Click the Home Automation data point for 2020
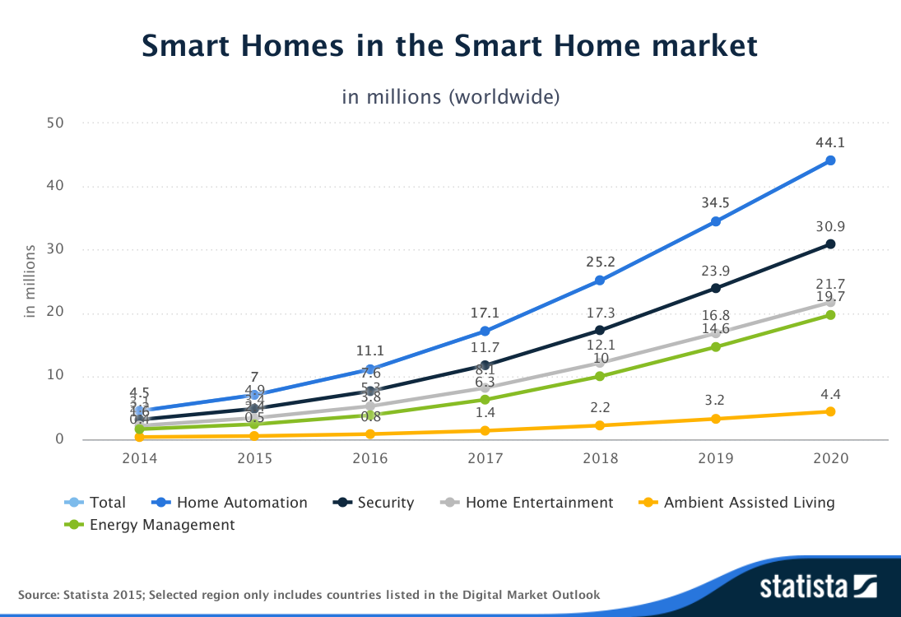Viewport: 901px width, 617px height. pyautogui.click(x=830, y=160)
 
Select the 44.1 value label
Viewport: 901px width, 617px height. pyautogui.click(x=830, y=142)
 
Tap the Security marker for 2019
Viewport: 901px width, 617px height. pyautogui.click(x=715, y=288)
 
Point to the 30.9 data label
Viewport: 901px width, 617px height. pyautogui.click(x=830, y=226)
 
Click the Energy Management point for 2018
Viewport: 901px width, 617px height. pyautogui.click(x=600, y=376)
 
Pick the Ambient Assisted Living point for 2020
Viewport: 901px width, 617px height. pyautogui.click(x=830, y=411)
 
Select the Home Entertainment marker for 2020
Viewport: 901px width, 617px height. pyautogui.click(x=830, y=302)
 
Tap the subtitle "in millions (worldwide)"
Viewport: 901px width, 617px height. pyautogui.click(x=450, y=96)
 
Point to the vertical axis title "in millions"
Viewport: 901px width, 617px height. pyautogui.click(x=30, y=281)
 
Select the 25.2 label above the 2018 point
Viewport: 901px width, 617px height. pyautogui.click(x=600, y=262)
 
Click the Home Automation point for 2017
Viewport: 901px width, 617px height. pyautogui.click(x=485, y=332)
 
